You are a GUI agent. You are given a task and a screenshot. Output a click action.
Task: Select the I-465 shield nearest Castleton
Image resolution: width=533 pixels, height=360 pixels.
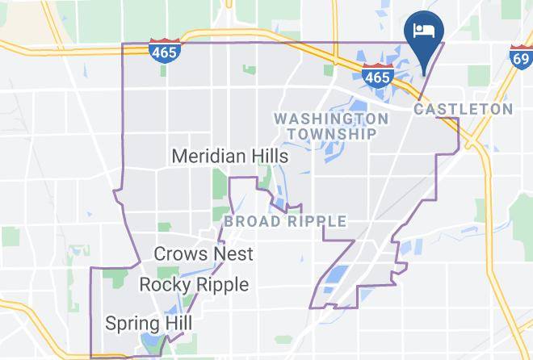click(x=377, y=75)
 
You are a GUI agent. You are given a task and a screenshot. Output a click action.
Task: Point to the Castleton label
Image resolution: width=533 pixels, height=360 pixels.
click(x=463, y=109)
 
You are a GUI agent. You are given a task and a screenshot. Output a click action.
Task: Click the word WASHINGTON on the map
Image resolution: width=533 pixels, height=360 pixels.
click(x=331, y=119)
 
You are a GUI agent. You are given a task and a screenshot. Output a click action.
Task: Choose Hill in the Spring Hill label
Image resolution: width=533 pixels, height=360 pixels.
click(x=177, y=324)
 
